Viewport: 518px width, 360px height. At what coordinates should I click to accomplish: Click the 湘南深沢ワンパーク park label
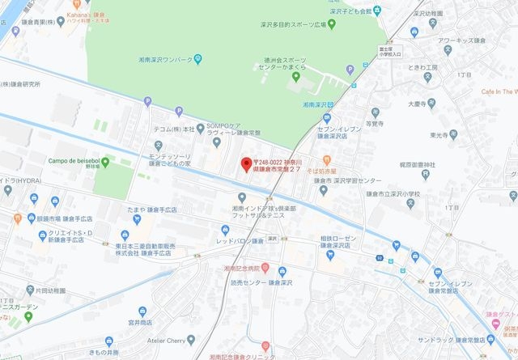coord(163,59)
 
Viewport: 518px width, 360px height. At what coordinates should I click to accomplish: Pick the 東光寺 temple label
coord(444,135)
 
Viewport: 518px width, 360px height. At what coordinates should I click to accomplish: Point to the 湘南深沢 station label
coord(319,105)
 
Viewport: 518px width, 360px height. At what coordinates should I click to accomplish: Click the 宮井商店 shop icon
coord(142,311)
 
